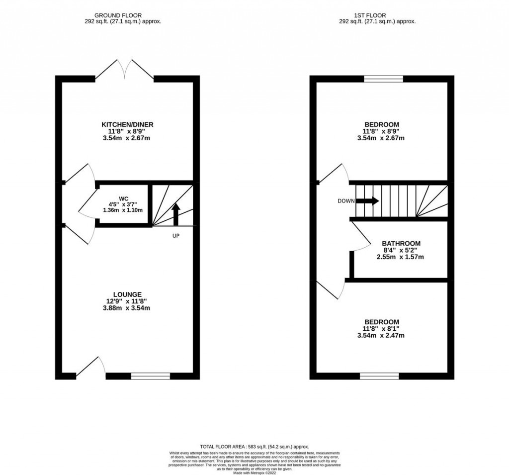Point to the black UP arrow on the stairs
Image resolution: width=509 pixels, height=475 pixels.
(x=175, y=213)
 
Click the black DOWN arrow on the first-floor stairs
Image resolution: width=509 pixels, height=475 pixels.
(x=367, y=201)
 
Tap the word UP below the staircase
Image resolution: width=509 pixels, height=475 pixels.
(x=175, y=235)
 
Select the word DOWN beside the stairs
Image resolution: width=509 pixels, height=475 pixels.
(x=346, y=201)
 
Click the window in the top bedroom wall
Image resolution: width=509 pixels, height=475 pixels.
(x=383, y=79)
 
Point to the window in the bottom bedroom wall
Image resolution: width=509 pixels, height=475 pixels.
(x=379, y=376)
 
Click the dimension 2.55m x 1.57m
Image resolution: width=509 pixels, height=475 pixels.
(x=401, y=257)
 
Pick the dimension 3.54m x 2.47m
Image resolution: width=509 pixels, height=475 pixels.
(x=381, y=336)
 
